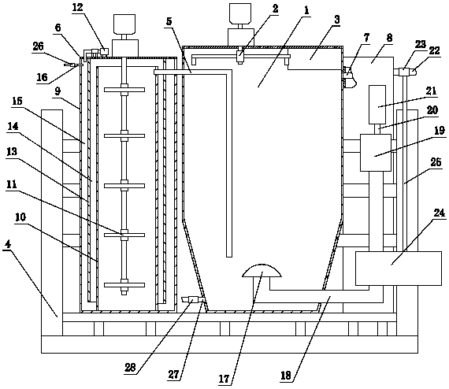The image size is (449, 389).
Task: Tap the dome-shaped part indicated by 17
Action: click(x=262, y=271)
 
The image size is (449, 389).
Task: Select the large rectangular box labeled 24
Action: click(x=398, y=269)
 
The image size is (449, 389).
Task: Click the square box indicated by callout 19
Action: click(x=376, y=153)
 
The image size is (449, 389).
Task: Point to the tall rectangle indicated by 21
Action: click(x=377, y=105)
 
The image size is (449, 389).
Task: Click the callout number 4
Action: click(x=7, y=245)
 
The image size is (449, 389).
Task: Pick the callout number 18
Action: click(x=286, y=376)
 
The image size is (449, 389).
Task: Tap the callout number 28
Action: click(x=130, y=367)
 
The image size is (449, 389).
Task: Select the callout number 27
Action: click(x=173, y=374)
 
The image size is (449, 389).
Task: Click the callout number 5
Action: click(x=169, y=21)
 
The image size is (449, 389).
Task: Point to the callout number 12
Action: click(x=77, y=8)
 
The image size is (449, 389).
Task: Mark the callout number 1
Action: click(x=306, y=10)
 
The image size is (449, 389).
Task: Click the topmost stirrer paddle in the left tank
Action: click(x=124, y=90)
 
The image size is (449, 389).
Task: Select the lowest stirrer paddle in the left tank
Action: click(x=124, y=285)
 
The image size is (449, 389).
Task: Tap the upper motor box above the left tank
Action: click(x=124, y=24)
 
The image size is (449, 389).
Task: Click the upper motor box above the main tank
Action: click(x=240, y=13)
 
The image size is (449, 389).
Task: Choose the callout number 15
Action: click(x=17, y=102)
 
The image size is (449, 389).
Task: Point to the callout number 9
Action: click(x=58, y=91)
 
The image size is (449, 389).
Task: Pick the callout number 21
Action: click(x=431, y=91)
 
